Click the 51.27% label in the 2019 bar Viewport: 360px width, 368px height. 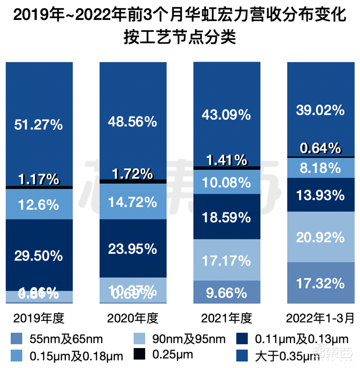[39, 125]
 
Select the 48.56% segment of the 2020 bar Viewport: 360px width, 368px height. [132, 121]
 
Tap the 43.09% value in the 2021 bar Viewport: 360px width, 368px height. [226, 115]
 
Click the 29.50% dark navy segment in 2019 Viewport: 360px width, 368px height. [39, 256]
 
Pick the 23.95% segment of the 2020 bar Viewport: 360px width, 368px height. [132, 249]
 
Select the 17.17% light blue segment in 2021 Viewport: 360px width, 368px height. [226, 260]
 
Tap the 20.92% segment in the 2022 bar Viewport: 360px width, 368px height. [320, 238]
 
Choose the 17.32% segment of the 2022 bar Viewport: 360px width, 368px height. [320, 283]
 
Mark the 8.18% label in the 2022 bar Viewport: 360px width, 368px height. [320, 168]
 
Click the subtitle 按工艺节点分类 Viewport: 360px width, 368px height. [180, 37]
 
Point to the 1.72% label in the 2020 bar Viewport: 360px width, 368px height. [132, 174]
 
